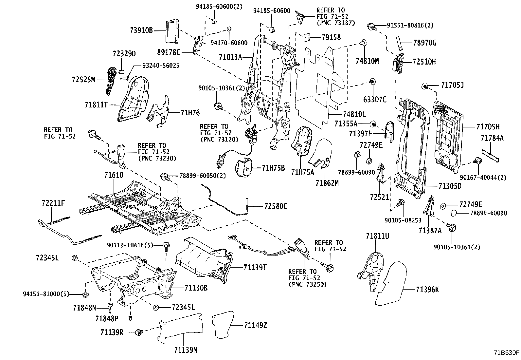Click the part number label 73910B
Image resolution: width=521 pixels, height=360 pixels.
pyautogui.click(x=141, y=31)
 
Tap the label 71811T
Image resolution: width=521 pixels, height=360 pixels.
pyautogui.click(x=96, y=105)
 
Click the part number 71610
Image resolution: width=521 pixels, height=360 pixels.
pyautogui.click(x=114, y=175)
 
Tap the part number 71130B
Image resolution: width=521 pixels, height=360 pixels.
pyautogui.click(x=196, y=288)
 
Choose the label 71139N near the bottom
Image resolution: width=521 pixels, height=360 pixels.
pyautogui.click(x=185, y=351)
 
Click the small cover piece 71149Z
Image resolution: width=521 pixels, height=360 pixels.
pyautogui.click(x=223, y=324)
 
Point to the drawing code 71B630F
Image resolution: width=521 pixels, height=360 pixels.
pyautogui.click(x=506, y=353)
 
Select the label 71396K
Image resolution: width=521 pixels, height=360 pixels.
pyautogui.click(x=427, y=290)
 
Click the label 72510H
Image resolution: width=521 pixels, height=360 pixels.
pyautogui.click(x=424, y=62)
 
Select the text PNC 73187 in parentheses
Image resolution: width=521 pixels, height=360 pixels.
pyautogui.click(x=336, y=23)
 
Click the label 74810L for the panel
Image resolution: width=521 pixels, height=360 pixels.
pyautogui.click(x=354, y=114)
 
